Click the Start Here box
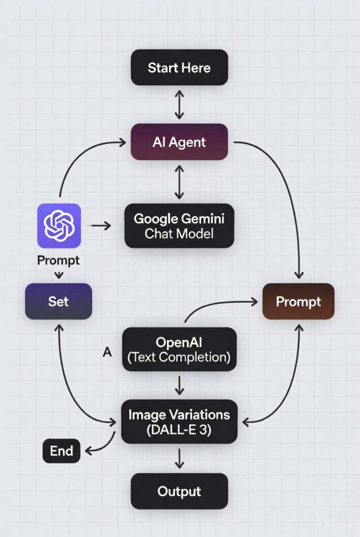tap(179, 68)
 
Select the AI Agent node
tap(179, 142)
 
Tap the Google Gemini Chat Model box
tap(179, 225)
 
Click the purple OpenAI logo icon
tap(59, 225)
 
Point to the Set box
tap(59, 302)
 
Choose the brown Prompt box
tap(298, 302)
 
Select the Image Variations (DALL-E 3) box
tap(179, 421)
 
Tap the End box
tap(61, 451)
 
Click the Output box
tap(179, 491)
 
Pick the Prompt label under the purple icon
tap(59, 260)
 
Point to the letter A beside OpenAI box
tap(107, 352)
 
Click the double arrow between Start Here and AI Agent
tap(179, 104)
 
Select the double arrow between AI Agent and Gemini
tap(179, 181)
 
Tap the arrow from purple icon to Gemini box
tap(101, 225)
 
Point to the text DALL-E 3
tap(179, 429)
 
